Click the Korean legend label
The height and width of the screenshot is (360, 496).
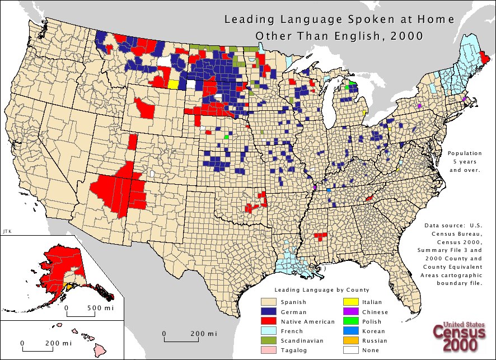point(373,331)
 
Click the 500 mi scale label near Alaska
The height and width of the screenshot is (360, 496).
point(101,308)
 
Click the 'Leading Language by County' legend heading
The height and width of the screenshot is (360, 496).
point(321,290)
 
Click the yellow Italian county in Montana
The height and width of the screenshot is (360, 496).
point(173,85)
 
